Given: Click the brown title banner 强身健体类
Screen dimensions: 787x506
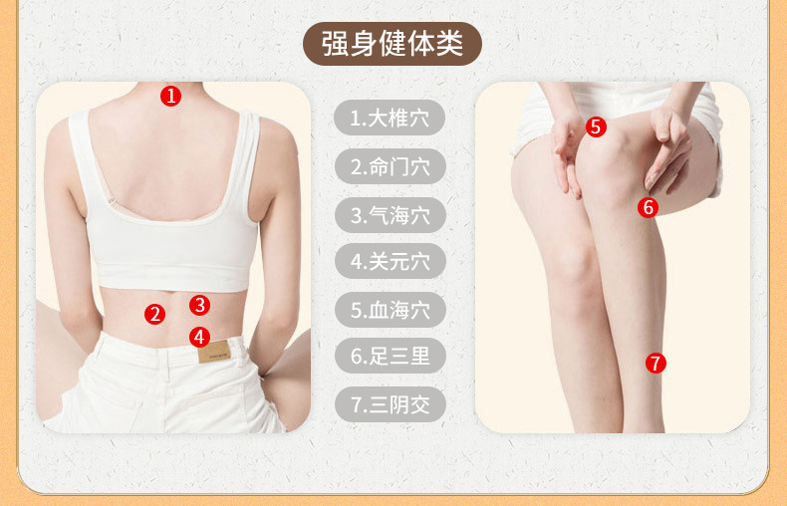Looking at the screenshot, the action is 392,44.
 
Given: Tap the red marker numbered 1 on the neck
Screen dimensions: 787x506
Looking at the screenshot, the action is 170,96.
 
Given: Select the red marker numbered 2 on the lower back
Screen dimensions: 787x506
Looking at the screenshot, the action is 154,314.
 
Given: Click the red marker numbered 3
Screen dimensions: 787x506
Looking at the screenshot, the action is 200,305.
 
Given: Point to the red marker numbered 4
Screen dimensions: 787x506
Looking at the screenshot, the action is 200,337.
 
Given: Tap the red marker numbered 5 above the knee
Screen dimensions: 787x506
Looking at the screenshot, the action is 596,127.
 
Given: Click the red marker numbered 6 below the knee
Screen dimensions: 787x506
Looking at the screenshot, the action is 648,207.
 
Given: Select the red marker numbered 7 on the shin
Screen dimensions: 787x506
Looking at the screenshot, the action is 656,363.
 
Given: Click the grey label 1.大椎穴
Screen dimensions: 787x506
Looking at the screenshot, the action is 390,118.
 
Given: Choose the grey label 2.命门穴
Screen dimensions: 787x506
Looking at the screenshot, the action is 390,166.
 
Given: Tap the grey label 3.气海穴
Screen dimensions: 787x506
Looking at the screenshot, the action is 390,215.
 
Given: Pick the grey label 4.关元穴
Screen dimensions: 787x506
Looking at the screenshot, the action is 390,262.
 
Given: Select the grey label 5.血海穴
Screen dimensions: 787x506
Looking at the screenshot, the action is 390,310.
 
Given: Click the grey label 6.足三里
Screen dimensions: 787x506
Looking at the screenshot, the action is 390,356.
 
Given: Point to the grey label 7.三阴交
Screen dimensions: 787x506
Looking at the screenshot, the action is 390,404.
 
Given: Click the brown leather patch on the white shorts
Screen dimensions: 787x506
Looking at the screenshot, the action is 214,351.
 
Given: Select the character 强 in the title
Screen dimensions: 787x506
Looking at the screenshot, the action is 335,44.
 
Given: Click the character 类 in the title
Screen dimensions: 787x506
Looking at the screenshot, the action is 448,44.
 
